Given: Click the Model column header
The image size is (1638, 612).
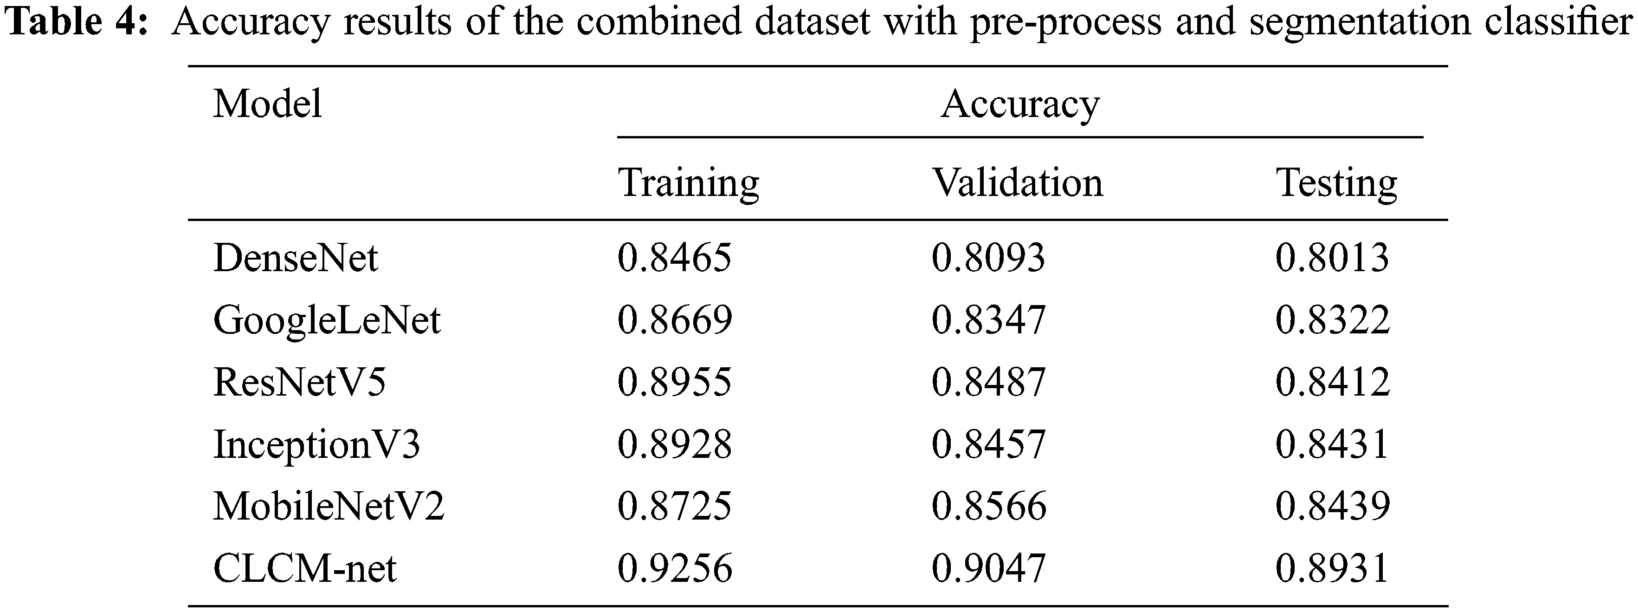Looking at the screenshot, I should point(267,104).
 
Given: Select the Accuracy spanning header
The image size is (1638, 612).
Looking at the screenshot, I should point(1020,104).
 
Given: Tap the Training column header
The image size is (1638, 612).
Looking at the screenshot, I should point(689,183).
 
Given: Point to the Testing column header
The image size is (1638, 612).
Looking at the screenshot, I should point(1336,183).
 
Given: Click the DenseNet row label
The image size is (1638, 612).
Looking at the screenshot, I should point(296,258).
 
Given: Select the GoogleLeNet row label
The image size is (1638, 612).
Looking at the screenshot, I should point(327,320).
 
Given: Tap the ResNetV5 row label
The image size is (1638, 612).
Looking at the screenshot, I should point(299,382).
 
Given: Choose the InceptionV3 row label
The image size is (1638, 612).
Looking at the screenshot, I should point(316,444).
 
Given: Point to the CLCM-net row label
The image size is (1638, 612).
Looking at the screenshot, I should point(304,568).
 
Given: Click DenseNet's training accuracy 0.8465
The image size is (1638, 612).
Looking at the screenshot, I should point(674,258).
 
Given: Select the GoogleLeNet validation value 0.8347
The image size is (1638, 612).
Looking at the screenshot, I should point(988,320).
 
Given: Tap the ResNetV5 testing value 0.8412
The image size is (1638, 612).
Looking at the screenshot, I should point(1332,382).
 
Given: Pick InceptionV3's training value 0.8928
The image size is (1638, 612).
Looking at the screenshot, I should point(674,444).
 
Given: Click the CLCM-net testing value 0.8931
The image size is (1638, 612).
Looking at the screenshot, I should point(1332,568).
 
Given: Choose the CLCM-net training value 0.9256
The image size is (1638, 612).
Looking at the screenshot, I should point(674,568).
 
